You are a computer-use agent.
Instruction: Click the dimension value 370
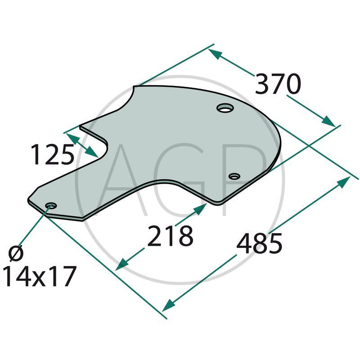click(277, 84)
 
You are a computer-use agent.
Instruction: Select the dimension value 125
click(52, 155)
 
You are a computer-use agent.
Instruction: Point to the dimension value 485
click(259, 243)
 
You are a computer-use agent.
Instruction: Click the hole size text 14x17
click(39, 276)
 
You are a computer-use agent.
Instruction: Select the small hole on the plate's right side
click(234, 176)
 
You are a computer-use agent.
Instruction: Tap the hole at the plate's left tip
click(51, 206)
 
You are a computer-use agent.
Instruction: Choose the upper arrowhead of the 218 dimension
click(200, 209)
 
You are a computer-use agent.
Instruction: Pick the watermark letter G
click(180, 180)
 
